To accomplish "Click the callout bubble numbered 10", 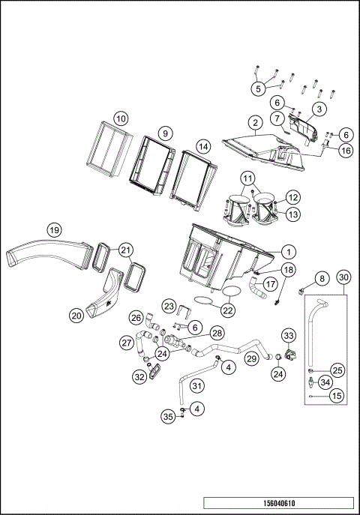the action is point(121,118).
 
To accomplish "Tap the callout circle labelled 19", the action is point(55,230).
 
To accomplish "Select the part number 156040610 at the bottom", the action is point(279,503).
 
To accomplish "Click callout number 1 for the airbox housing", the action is point(289,252).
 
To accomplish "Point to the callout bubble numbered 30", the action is point(343,277).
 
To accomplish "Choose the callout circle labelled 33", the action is point(289,336).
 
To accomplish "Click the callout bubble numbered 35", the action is point(168,417).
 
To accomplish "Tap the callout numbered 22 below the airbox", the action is point(228,310).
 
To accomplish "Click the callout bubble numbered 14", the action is point(203,146).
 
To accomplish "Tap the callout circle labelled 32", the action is point(139,377).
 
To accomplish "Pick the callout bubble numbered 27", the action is point(127,343).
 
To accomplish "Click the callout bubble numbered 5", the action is point(259,89).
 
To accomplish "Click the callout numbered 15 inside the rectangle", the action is point(337,396).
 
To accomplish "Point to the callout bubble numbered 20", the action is point(76,316).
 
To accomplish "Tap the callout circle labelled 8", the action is point(322,279).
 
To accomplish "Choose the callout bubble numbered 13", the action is point(293,214).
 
